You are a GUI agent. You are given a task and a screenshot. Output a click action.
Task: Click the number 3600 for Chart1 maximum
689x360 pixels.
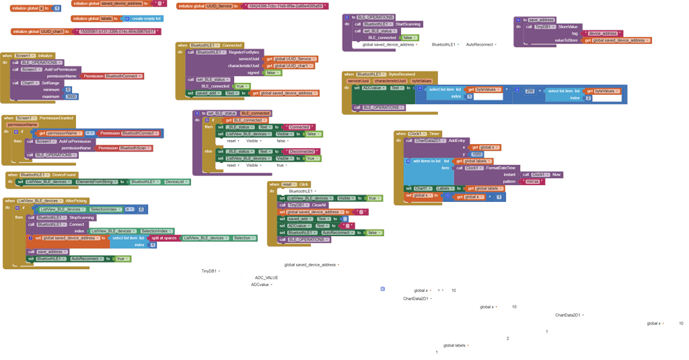[x=71, y=96]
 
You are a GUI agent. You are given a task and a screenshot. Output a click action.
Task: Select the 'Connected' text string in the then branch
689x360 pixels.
[x=298, y=127]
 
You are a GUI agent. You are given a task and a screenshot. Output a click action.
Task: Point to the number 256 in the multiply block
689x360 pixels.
[x=530, y=91]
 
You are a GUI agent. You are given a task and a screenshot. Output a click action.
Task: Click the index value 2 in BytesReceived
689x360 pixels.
[x=588, y=98]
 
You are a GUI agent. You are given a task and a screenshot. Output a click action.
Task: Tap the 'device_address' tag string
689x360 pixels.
[x=603, y=32]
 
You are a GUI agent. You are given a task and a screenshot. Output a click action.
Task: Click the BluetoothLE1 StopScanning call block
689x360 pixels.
[x=65, y=217]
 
